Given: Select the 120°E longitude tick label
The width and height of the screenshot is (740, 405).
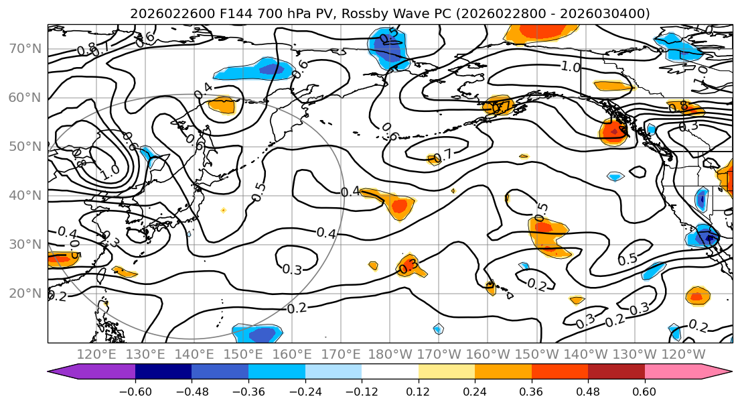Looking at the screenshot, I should coord(96,354).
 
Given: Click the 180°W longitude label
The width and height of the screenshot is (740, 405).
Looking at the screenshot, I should coord(390,354).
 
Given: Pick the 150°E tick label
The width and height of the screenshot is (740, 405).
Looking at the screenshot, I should coord(243,354).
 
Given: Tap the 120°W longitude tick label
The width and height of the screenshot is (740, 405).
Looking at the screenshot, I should coord(682,354).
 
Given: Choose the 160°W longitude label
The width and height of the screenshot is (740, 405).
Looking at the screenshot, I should coord(487,354).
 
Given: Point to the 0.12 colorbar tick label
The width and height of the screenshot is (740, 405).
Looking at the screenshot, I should coord(419,392).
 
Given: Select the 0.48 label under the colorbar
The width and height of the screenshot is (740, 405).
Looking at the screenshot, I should coord(588,392).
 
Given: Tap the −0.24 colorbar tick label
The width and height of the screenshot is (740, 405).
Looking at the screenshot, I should coord(305,392).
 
